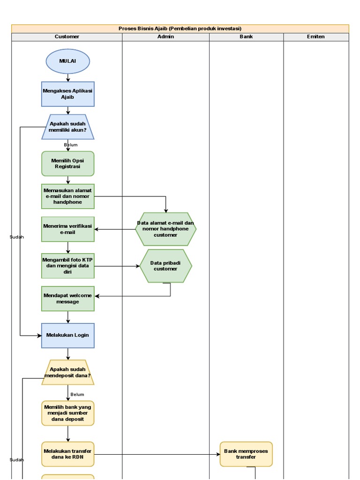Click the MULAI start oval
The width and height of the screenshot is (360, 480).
point(68,61)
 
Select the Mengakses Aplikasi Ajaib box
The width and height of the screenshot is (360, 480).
point(68,94)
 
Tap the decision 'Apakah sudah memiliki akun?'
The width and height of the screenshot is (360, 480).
point(68,127)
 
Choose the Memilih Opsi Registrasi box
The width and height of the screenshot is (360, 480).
point(68,164)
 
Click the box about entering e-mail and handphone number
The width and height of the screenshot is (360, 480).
point(68,196)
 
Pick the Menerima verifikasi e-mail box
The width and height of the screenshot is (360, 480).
point(68,229)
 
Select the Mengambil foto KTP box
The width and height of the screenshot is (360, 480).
point(68,266)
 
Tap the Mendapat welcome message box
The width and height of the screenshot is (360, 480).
point(68,299)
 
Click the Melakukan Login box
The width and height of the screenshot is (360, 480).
point(68,335)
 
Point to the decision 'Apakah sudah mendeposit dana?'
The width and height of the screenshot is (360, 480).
point(68,372)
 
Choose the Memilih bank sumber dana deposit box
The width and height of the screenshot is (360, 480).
point(68,413)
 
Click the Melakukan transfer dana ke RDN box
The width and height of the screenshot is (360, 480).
point(68,454)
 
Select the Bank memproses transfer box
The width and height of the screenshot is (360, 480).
point(246,454)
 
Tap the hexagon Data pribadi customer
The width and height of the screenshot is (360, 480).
point(166,266)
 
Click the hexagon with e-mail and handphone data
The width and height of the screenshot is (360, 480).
point(166,229)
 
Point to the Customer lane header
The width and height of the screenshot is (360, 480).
point(67,37)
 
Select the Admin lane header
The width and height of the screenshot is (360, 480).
point(165,37)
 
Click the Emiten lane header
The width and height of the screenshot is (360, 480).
point(316,37)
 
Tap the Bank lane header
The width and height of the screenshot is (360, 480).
point(246,37)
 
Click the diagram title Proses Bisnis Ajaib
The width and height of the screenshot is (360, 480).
point(180,29)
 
